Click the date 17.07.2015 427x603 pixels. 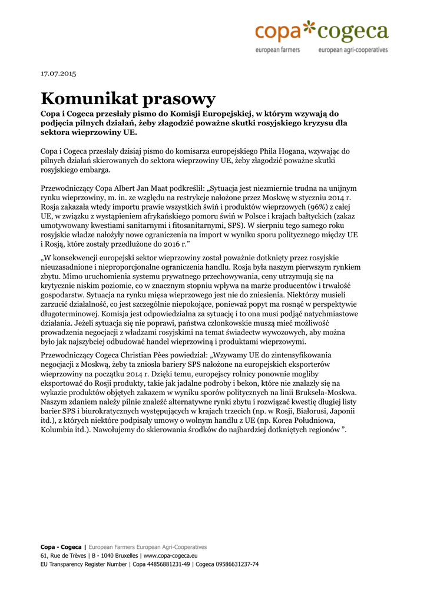click(58, 74)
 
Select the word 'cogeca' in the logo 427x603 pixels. click(353, 31)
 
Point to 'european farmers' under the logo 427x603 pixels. click(277, 50)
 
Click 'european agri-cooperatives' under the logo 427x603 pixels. click(353, 50)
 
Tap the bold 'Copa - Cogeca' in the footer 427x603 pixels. click(61, 547)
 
